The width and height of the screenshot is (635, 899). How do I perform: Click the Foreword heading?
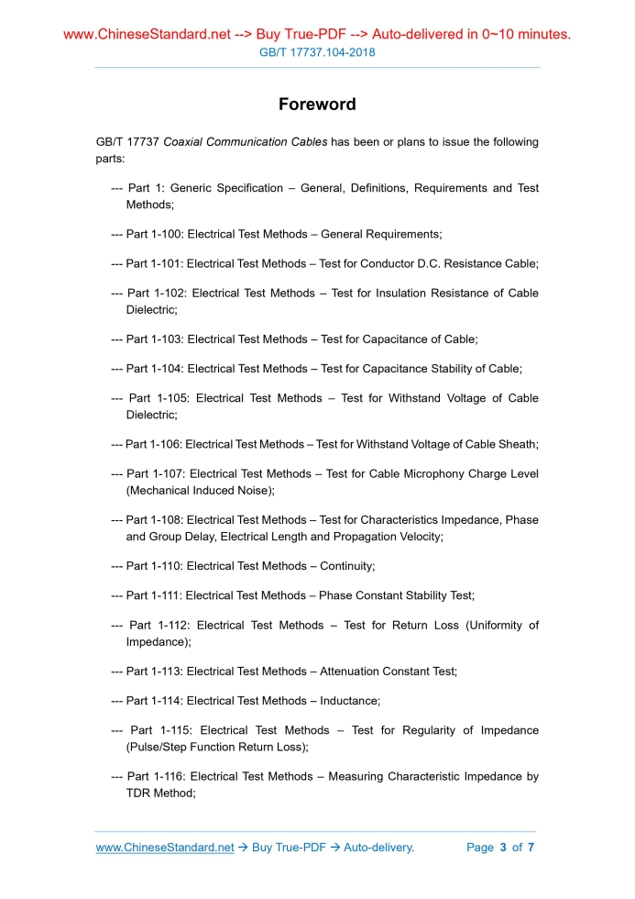click(x=317, y=105)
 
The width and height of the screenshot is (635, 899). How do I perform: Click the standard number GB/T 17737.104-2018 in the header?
click(x=317, y=52)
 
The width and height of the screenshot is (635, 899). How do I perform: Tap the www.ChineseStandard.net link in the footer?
click(x=165, y=847)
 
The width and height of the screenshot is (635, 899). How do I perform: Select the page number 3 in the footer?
click(x=503, y=847)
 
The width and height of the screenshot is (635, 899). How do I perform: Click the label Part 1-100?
click(x=152, y=234)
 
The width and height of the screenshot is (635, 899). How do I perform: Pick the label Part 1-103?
click(x=152, y=339)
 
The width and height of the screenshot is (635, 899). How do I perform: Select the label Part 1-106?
click(x=151, y=444)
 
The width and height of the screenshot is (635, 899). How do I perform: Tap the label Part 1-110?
click(x=152, y=565)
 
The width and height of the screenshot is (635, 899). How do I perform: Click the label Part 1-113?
click(x=152, y=671)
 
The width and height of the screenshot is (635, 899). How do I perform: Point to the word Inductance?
click(x=349, y=700)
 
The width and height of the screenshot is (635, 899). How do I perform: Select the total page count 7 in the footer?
click(x=531, y=847)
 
